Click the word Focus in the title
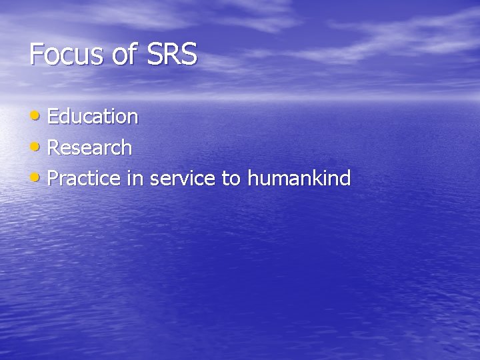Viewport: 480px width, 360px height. click(65, 54)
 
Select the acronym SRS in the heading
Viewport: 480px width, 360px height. click(172, 54)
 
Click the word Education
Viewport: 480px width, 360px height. click(93, 117)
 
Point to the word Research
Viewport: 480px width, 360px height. click(90, 147)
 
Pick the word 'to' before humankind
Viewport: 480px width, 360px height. click(231, 178)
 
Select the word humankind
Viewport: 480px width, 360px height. click(299, 178)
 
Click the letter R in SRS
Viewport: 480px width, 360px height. click(172, 54)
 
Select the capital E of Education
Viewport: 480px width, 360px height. click(53, 117)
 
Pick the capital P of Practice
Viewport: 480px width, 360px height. click(53, 178)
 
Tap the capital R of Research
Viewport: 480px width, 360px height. click(54, 147)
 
